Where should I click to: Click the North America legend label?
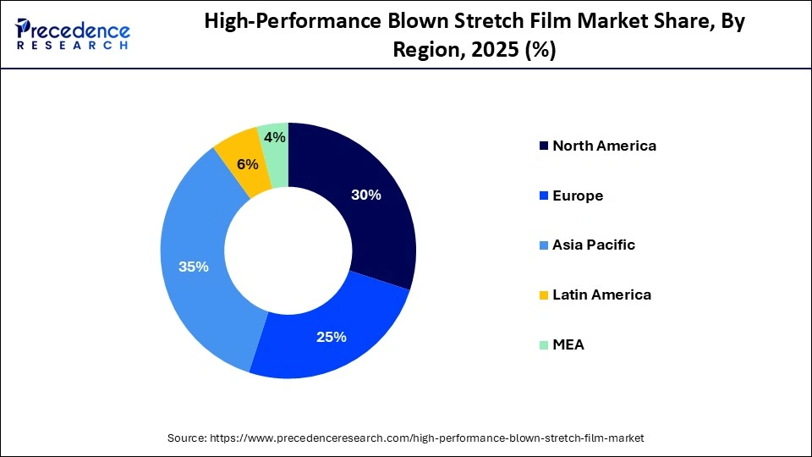click(604, 146)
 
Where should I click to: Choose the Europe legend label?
click(578, 195)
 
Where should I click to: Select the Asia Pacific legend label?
click(594, 245)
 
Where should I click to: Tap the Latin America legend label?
click(601, 295)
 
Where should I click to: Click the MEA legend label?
click(568, 344)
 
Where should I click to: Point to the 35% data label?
click(194, 267)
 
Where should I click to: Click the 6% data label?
click(248, 164)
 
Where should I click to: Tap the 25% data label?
click(332, 337)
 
